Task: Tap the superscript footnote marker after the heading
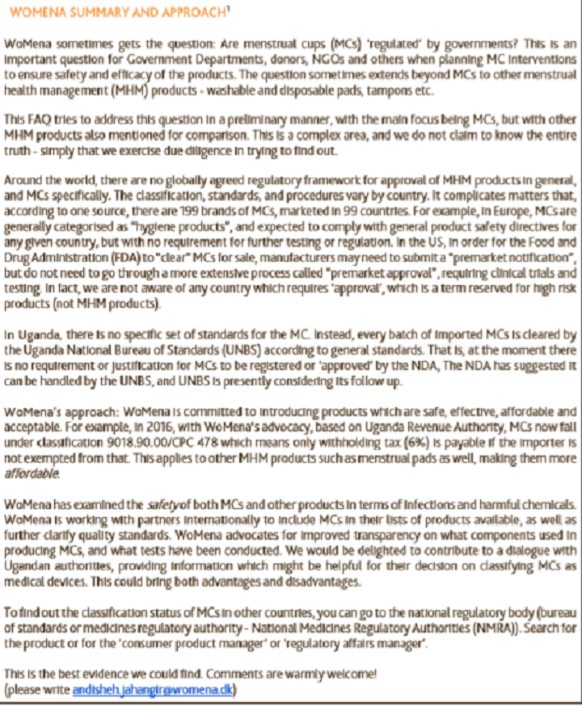tap(222, 10)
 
